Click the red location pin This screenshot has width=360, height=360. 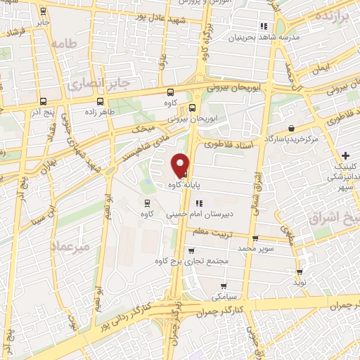pyautogui.click(x=181, y=165)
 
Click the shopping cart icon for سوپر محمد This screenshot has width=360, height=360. pyautogui.click(x=255, y=238)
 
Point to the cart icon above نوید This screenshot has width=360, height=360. pyautogui.click(x=300, y=272)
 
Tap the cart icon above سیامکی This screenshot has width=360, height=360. pyautogui.click(x=223, y=286)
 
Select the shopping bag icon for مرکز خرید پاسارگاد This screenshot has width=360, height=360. pyautogui.click(x=271, y=128)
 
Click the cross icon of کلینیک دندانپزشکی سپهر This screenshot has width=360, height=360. pyautogui.click(x=345, y=155)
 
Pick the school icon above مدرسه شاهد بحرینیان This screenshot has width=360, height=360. pyautogui.click(x=264, y=26)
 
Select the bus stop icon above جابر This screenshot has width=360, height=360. pyautogui.click(x=44, y=11)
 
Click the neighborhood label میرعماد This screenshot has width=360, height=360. pyautogui.click(x=70, y=246)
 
